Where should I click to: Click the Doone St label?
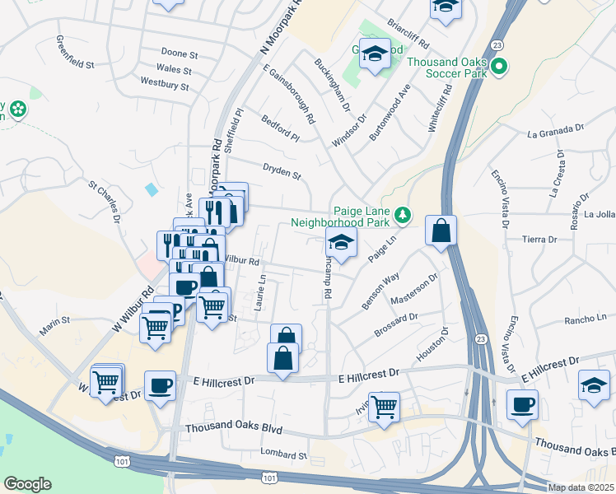[180, 54]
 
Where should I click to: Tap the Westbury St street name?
[166, 83]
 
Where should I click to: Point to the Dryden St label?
[282, 175]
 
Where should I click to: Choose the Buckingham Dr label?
[334, 86]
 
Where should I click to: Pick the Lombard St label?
[283, 454]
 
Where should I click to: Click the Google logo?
[27, 484]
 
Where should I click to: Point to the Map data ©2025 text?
[581, 487]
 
